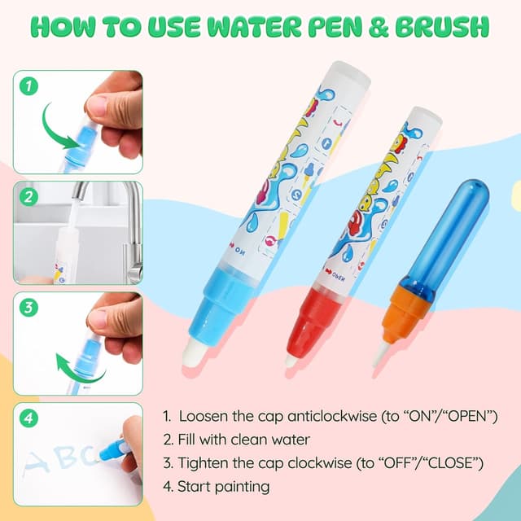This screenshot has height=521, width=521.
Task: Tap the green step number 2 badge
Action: click(x=29, y=196)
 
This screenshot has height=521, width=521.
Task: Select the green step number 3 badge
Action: click(x=29, y=308)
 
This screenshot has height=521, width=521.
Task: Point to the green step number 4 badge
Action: click(x=29, y=418)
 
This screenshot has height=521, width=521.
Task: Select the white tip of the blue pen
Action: click(x=195, y=351)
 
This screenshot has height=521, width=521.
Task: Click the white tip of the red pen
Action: click(x=290, y=359)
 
